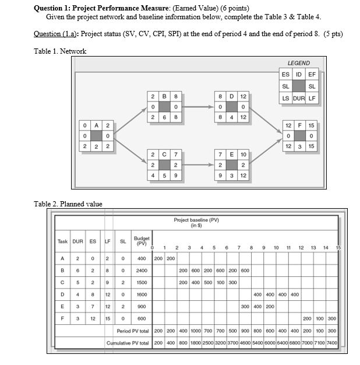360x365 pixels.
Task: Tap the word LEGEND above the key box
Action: (298, 63)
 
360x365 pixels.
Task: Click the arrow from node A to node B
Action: (127, 117)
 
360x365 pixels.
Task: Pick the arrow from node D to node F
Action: (265, 117)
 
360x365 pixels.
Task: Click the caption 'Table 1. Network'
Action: (60, 51)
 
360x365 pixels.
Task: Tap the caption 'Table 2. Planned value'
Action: (68, 203)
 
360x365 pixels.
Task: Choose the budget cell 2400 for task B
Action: (142, 270)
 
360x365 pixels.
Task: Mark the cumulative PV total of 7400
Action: (331, 343)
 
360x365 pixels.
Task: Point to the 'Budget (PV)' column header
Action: (142, 241)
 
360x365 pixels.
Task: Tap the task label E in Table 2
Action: (62, 306)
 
